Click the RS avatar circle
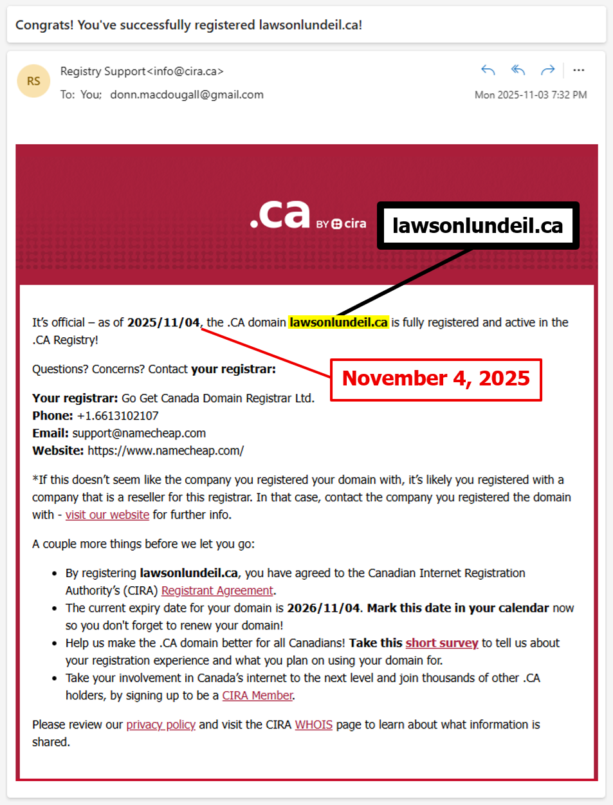click(x=33, y=81)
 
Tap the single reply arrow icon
click(x=488, y=70)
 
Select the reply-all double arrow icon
click(x=518, y=70)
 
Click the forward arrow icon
click(x=547, y=70)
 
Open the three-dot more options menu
click(x=578, y=70)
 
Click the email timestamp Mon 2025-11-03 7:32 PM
click(x=531, y=95)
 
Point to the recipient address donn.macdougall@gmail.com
click(x=187, y=95)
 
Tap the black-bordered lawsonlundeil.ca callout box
click(x=477, y=225)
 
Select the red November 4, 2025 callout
click(x=435, y=378)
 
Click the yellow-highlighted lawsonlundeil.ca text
click(x=338, y=322)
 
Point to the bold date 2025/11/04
click(x=163, y=322)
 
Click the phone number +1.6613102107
click(x=117, y=416)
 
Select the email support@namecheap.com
click(x=139, y=433)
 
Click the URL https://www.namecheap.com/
click(x=165, y=450)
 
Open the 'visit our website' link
click(x=107, y=515)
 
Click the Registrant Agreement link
click(x=217, y=591)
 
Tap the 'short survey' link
click(x=441, y=643)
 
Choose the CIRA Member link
click(x=257, y=696)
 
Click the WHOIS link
click(x=313, y=725)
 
